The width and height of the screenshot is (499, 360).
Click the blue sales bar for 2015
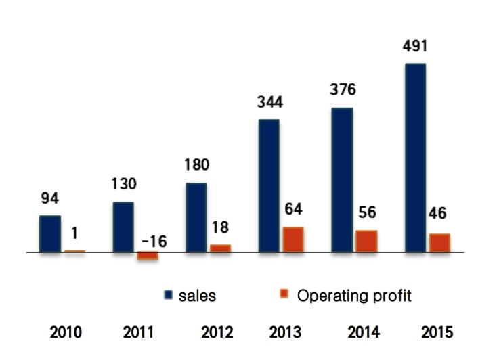415,158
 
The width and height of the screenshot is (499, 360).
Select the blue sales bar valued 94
50,234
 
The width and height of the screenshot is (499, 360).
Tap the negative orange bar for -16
148,256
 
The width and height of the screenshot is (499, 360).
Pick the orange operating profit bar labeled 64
293,240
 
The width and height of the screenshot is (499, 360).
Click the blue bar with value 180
196,218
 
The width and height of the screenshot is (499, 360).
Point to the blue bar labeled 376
342,180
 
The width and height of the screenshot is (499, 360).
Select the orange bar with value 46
439,244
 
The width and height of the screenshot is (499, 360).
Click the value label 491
414,46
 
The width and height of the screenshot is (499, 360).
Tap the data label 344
270,102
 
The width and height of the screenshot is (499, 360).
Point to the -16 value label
154,242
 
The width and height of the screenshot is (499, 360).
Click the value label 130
124,184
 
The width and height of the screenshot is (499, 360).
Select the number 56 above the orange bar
367,212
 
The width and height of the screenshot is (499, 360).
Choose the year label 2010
66,332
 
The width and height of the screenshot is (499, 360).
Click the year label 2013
285,332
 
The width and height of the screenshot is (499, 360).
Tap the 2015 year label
437,332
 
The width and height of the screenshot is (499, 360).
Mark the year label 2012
217,332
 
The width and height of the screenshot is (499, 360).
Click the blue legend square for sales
169,295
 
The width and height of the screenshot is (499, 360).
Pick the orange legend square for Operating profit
284,294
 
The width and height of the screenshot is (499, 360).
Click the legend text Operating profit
354,296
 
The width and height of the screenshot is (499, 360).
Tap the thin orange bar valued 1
74,252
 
